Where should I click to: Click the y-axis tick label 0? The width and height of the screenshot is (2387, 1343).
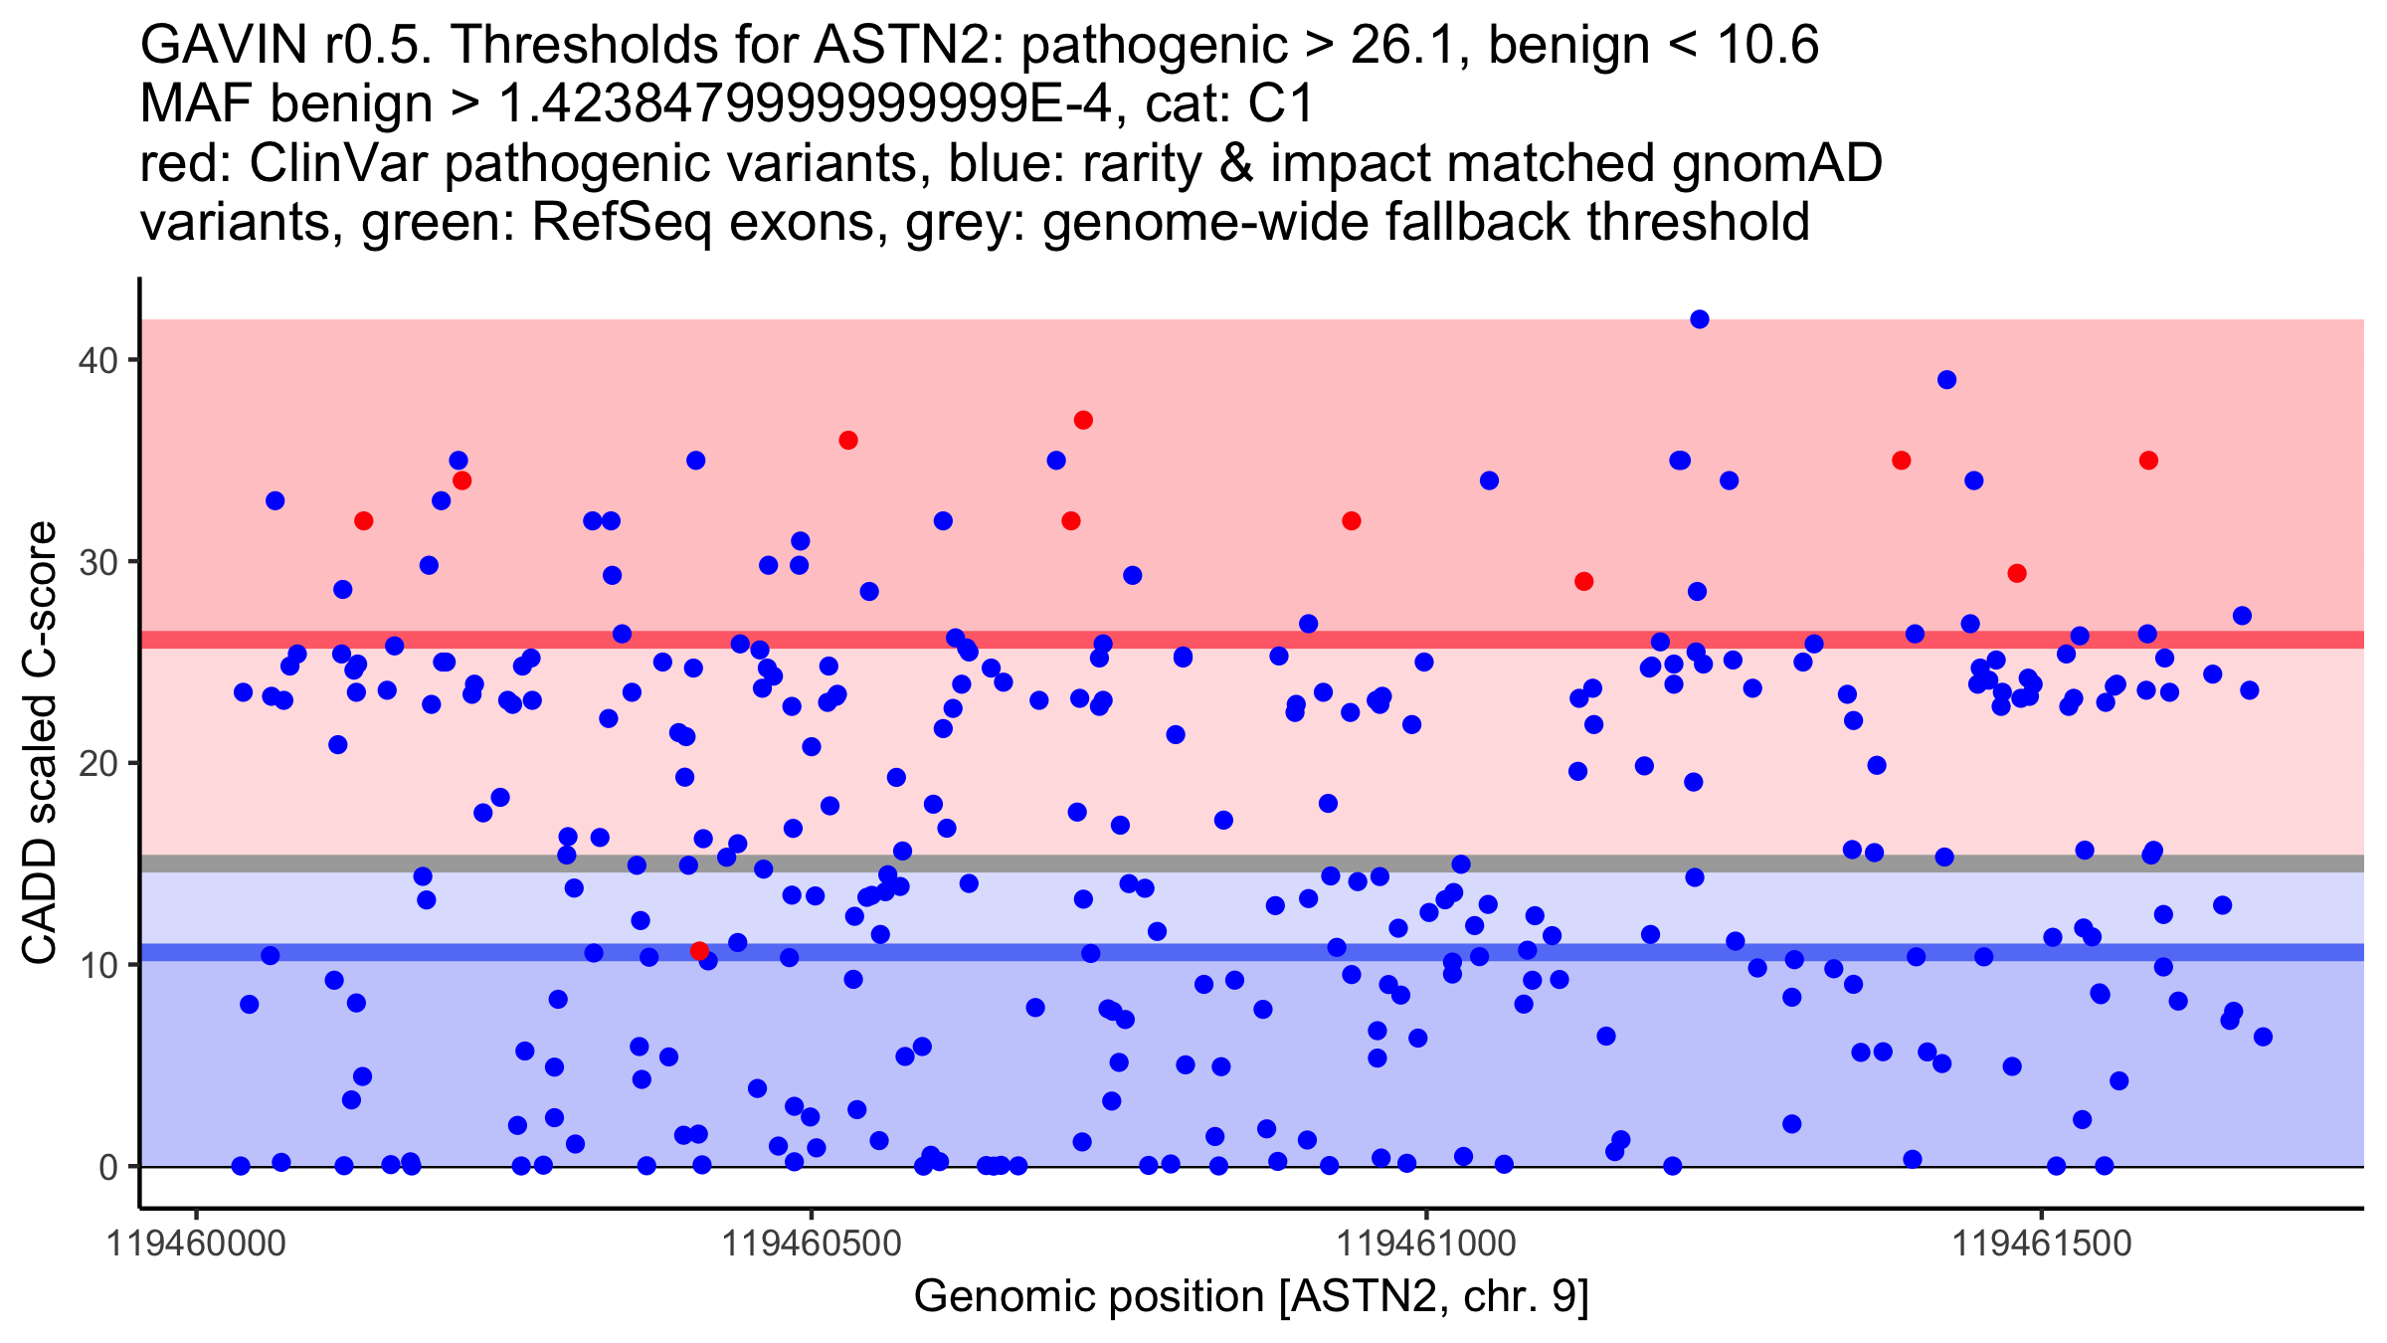[x=107, y=1167]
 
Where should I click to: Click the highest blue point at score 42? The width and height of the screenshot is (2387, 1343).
[x=1700, y=319]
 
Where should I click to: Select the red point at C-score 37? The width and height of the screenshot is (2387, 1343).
[x=1083, y=420]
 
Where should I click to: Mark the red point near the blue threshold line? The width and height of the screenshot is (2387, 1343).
[x=699, y=951]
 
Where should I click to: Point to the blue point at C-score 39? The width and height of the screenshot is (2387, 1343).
[x=1946, y=380]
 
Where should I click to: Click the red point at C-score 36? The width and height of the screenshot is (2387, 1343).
[x=848, y=440]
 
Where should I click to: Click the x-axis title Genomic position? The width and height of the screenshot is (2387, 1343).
[x=1251, y=1297]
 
